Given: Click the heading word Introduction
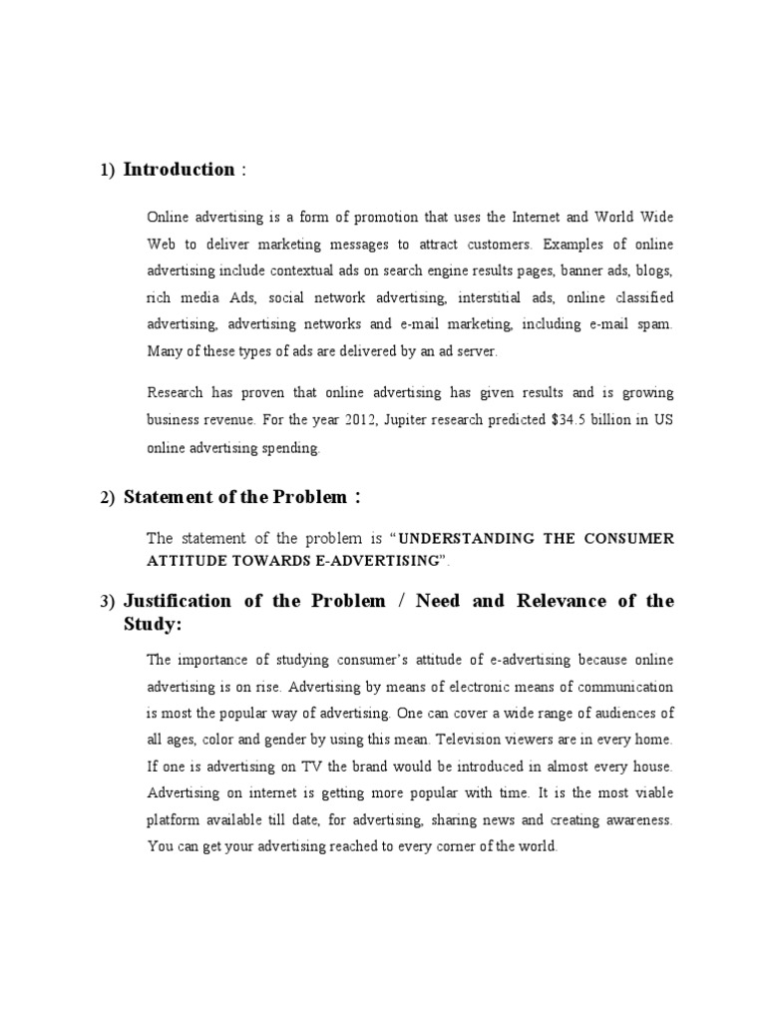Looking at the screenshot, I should point(179,170).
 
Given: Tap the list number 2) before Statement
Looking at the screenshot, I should point(108,498).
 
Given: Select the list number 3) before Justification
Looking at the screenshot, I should point(108,602).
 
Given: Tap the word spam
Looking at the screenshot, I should point(654,324).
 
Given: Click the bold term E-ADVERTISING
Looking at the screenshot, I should point(376,563).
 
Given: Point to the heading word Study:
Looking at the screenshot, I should point(152,625).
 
